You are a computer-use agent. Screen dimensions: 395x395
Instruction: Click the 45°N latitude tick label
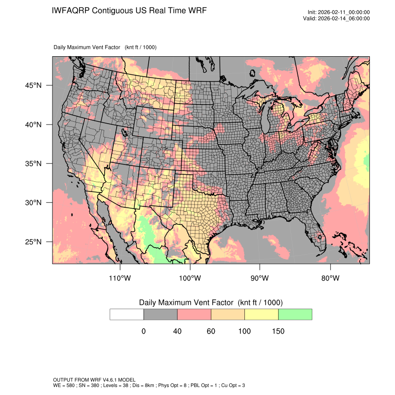33,86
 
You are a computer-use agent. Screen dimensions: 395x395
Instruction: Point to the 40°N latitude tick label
33,125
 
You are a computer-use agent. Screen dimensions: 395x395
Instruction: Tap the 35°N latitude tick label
33,164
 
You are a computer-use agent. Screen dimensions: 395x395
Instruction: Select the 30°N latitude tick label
33,203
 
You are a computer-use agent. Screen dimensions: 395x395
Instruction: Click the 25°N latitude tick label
33,242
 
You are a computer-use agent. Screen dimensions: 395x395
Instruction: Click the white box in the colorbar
127,314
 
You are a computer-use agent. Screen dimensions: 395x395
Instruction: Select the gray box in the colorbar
160,314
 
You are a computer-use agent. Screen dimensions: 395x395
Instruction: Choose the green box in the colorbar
295,314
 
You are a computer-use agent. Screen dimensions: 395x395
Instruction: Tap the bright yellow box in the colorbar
261,314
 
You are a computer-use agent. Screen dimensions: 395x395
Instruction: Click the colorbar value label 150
278,331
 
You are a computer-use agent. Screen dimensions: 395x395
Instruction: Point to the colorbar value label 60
211,331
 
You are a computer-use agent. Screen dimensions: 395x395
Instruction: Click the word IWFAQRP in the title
72,11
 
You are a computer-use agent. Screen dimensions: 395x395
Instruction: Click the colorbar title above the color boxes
211,303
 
